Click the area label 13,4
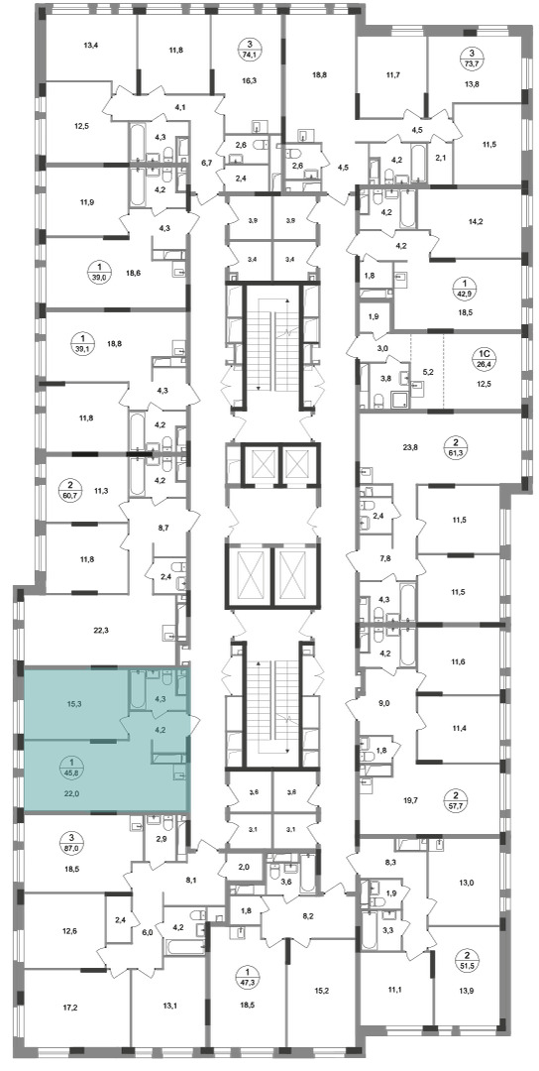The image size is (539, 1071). pos(91,47)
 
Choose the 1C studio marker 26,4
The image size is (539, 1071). pos(484,358)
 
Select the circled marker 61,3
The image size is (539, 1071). pos(470,450)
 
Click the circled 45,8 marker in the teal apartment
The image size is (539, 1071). pos(71,771)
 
